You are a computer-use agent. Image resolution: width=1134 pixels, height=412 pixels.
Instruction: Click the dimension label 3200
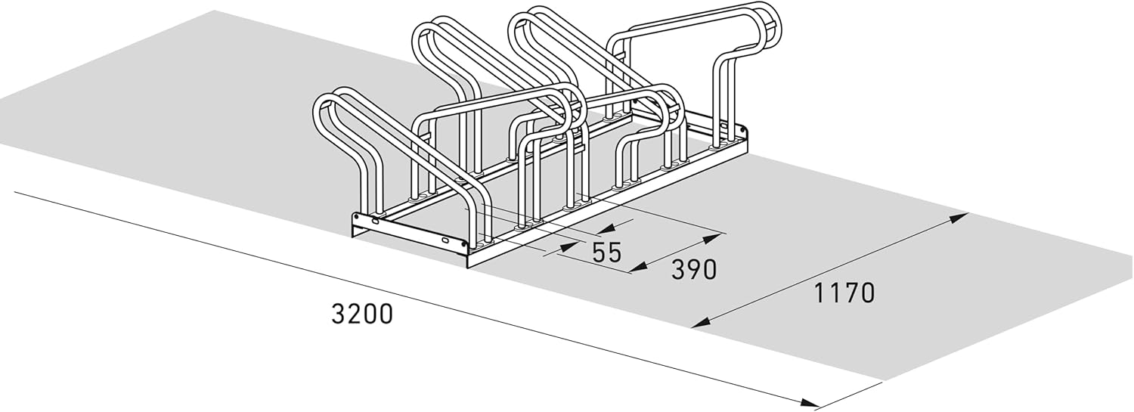362,314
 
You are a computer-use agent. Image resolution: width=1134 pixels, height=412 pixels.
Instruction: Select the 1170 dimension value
844,293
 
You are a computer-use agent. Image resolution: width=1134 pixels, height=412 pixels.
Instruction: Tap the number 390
694,270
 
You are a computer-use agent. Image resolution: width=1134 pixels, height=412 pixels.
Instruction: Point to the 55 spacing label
606,252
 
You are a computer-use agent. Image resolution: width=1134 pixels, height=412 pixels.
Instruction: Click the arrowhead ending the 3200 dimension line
809,404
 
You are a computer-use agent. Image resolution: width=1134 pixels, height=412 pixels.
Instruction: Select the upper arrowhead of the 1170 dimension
957,218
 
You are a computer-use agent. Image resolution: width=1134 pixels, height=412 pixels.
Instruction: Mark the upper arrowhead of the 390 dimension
714,236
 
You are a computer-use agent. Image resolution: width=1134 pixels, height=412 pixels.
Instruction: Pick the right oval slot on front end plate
445,240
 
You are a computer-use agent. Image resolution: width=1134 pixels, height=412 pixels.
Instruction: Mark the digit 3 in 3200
339,314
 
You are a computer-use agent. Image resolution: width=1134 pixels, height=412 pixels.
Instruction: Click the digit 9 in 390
694,270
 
